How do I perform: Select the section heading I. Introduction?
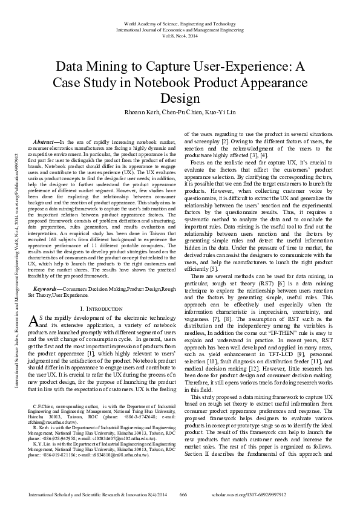[101, 309]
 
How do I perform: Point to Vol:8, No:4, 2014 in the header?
[180, 35]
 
